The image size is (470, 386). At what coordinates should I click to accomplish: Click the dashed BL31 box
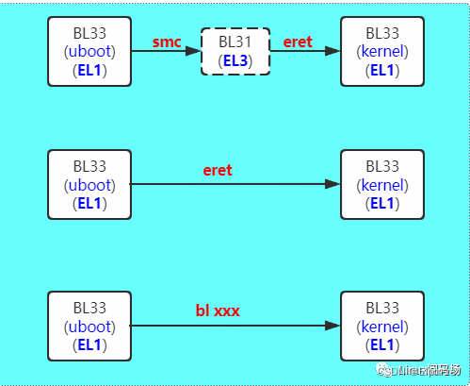click(235, 52)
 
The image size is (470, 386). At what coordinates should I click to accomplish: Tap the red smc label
click(166, 42)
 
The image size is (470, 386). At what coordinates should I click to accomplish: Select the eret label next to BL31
click(298, 42)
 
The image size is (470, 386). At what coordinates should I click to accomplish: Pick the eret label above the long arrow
click(218, 171)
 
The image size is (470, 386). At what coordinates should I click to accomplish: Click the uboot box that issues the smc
click(89, 52)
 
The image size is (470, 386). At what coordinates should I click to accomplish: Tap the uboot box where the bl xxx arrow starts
click(89, 326)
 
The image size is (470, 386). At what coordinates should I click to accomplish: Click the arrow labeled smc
click(166, 52)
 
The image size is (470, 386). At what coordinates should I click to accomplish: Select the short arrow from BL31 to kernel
click(303, 52)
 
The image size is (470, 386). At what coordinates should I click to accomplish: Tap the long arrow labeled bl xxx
click(235, 326)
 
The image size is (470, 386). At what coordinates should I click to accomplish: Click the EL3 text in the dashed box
click(235, 61)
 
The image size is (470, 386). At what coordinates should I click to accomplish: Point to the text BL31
click(235, 42)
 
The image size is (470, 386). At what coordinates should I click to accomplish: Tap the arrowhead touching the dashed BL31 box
click(195, 52)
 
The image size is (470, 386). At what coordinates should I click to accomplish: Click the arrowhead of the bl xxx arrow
click(332, 326)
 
